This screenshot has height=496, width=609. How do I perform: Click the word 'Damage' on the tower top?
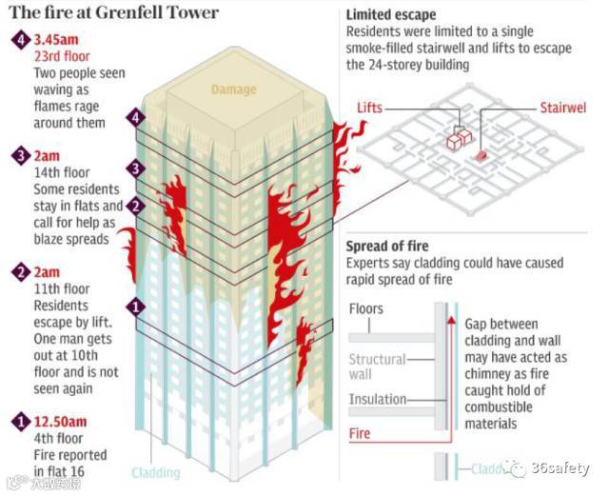(233, 89)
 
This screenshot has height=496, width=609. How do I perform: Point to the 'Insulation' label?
(378, 399)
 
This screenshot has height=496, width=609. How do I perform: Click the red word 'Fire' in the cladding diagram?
(360, 433)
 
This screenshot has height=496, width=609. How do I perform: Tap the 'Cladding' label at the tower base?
(156, 472)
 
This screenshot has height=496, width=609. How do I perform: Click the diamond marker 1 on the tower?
(136, 308)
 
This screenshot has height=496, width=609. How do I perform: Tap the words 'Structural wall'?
(377, 366)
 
